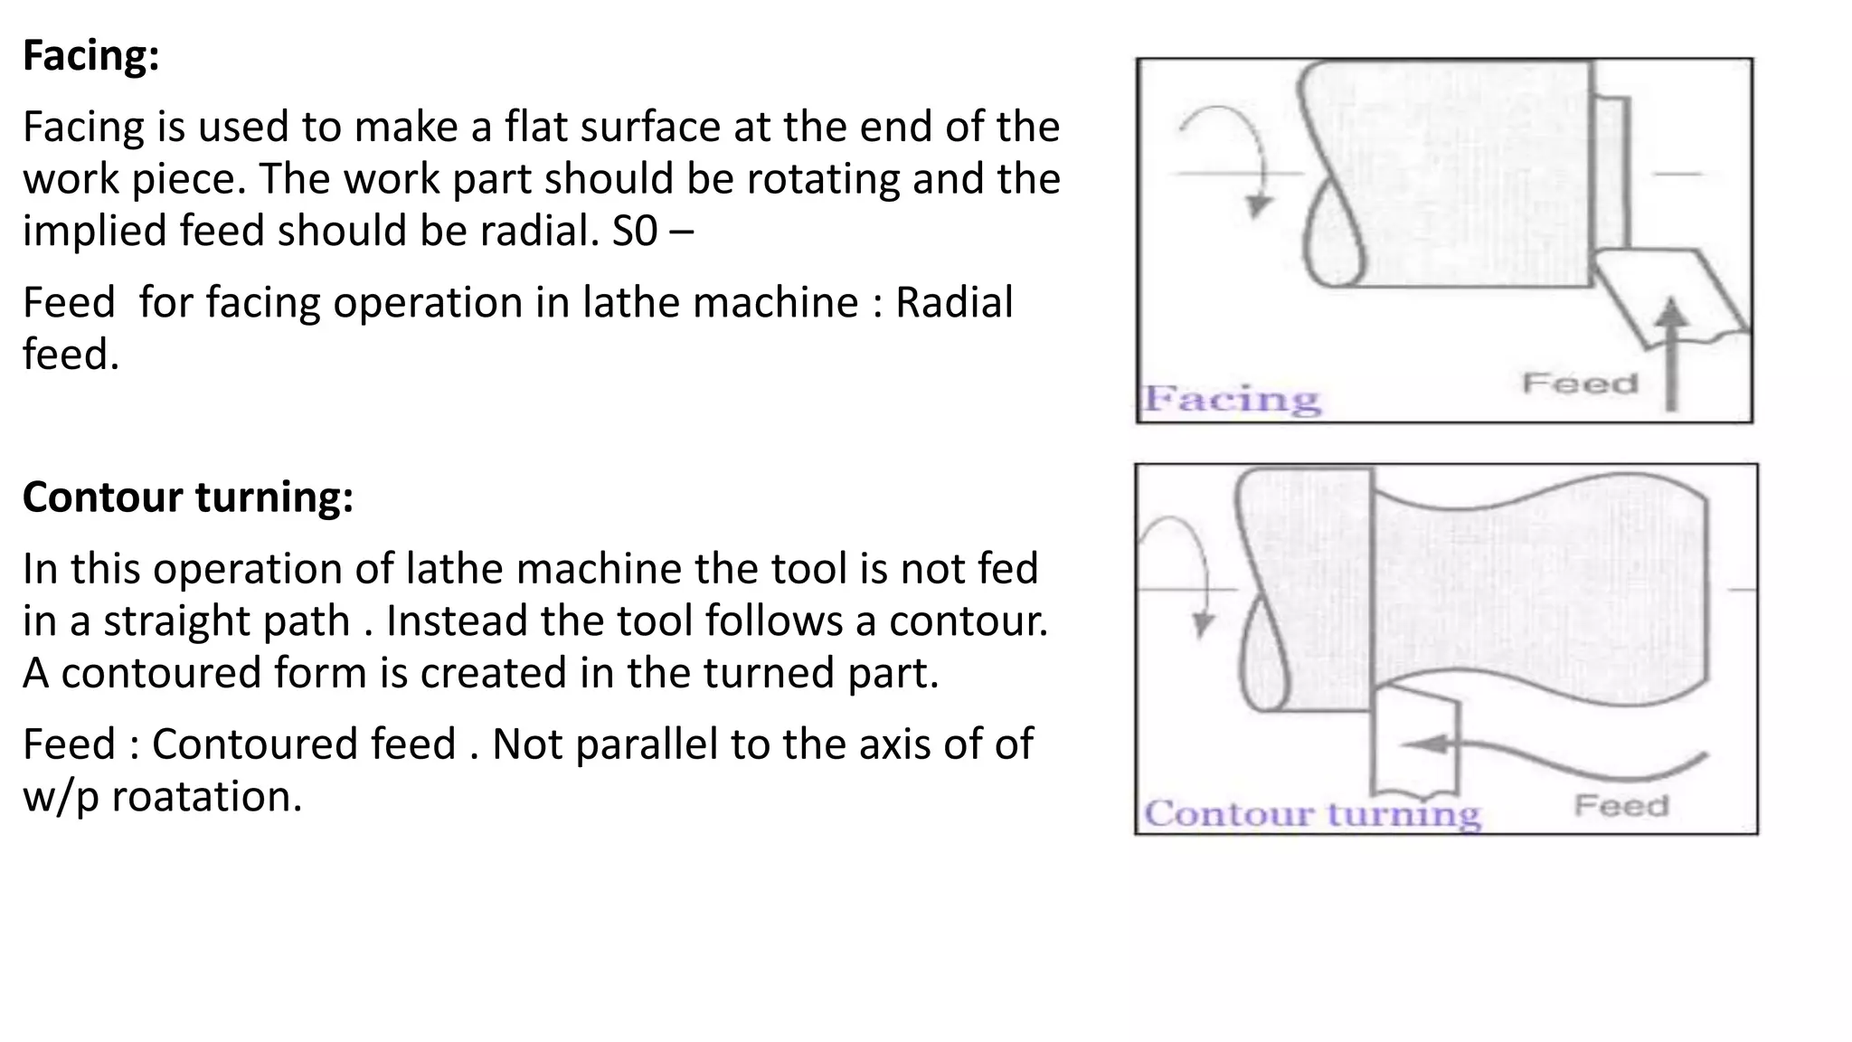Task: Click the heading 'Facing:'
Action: click(90, 56)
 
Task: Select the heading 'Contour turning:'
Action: click(187, 497)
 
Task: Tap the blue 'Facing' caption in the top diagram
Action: click(1232, 399)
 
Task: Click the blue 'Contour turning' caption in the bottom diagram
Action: click(1312, 813)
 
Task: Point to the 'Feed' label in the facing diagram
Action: click(1580, 384)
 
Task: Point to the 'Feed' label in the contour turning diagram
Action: click(1620, 805)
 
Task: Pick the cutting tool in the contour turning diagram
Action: click(1415, 742)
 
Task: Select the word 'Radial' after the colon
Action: click(954, 303)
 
